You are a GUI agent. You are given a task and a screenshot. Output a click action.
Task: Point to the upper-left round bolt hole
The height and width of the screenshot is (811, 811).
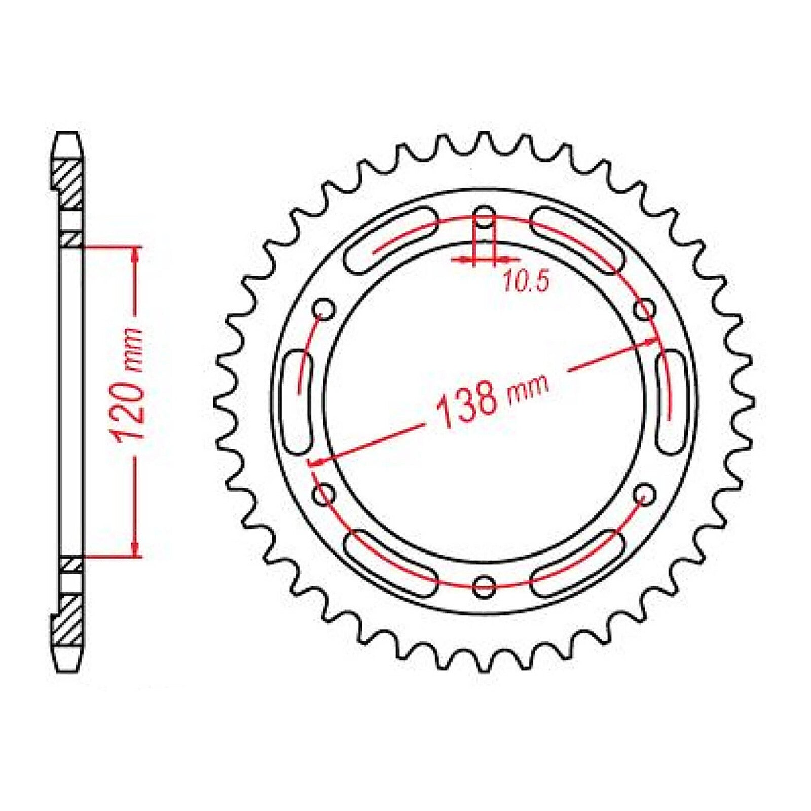[x=323, y=309]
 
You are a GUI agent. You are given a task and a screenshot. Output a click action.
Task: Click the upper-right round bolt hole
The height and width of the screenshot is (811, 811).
[x=646, y=309]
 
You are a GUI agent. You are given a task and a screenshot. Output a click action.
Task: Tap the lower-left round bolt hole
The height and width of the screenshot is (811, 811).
[x=323, y=494]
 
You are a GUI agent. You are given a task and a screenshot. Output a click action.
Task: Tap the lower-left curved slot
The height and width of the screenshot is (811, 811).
[x=390, y=563]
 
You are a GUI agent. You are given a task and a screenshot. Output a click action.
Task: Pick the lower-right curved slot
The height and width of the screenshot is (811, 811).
[x=578, y=563]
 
